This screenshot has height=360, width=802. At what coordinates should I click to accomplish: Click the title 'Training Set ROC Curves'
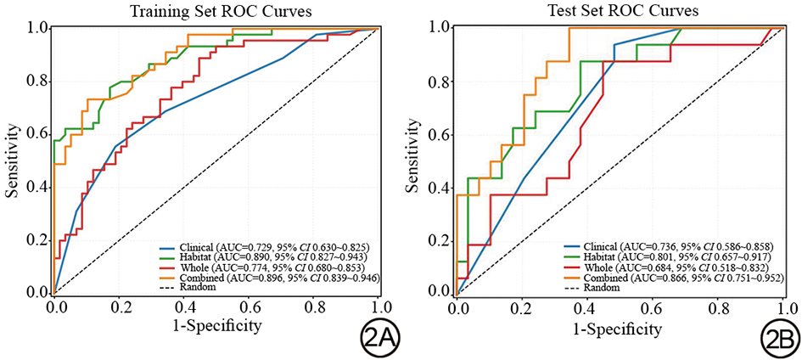[216, 12]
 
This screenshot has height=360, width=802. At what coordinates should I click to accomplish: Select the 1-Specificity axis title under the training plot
[216, 325]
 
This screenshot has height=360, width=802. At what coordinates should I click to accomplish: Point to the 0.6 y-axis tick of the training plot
[34, 134]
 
